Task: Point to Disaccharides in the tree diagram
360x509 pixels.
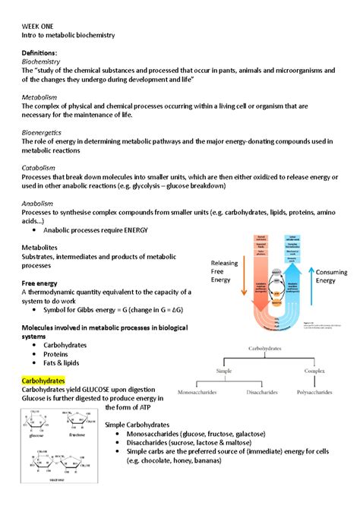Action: [x=264, y=392]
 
